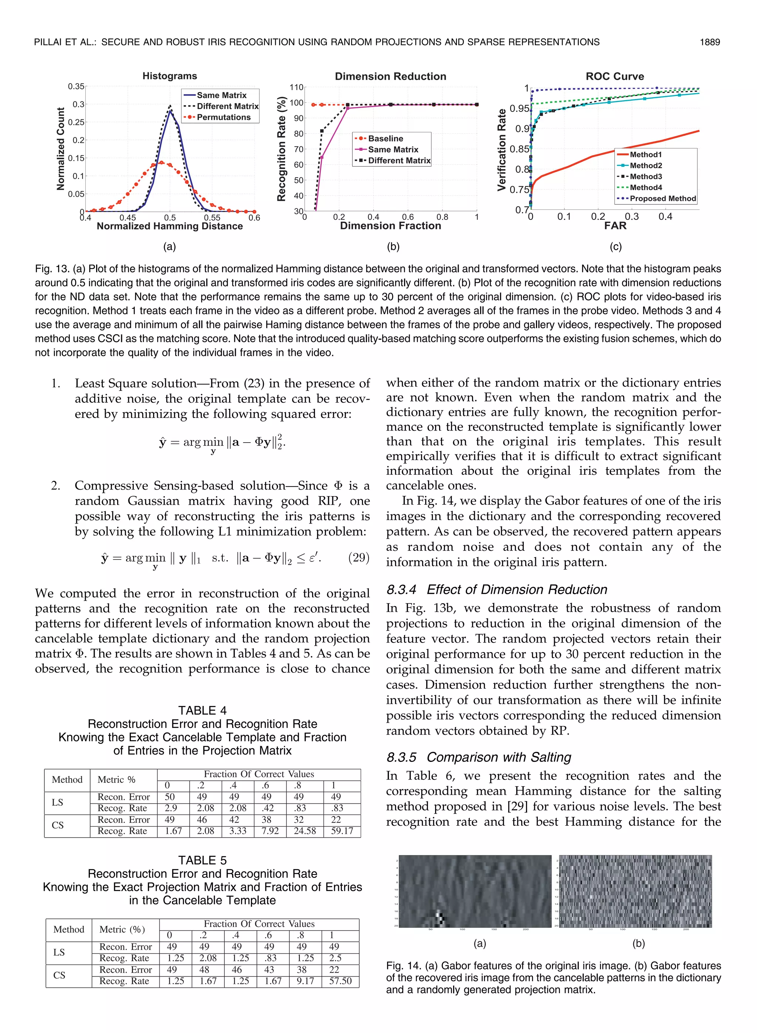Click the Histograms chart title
(x=170, y=76)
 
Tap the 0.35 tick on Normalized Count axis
(x=76, y=86)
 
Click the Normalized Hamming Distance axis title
(x=170, y=226)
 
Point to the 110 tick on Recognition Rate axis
(x=296, y=87)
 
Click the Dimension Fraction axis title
(x=390, y=226)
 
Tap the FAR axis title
(x=615, y=226)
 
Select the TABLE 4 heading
(x=202, y=710)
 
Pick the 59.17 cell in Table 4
(x=342, y=831)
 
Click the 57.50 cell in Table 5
(x=340, y=981)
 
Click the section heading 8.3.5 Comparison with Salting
(x=478, y=757)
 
